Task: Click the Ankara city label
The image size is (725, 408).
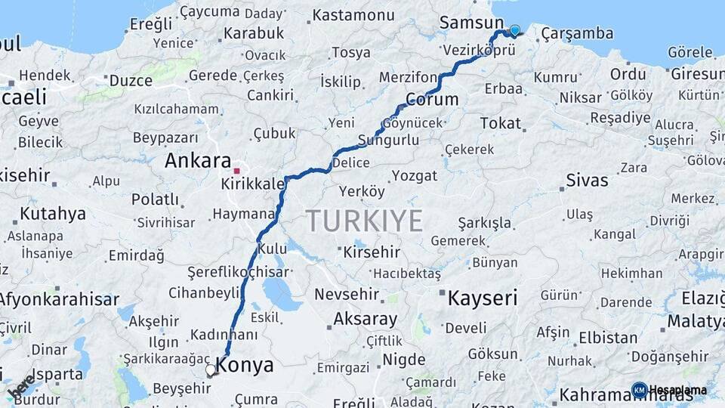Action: (197, 161)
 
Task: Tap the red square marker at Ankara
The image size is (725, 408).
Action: (236, 171)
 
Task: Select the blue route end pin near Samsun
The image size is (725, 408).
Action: (515, 31)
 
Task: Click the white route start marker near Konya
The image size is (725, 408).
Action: (211, 370)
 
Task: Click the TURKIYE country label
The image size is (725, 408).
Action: (364, 221)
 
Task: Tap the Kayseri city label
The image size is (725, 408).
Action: (482, 298)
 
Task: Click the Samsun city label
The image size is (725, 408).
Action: (471, 23)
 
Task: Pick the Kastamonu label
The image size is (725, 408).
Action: (353, 15)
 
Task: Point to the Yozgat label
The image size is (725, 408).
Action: (414, 175)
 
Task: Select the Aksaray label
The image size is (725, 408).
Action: (365, 319)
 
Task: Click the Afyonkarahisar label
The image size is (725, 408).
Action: (58, 299)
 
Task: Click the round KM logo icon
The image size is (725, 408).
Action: (639, 390)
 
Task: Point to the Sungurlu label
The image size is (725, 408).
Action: (388, 140)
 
